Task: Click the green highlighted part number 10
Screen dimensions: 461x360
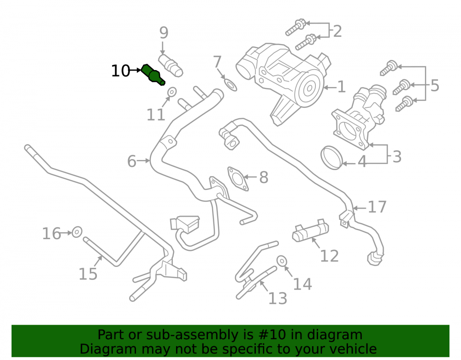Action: click(153, 75)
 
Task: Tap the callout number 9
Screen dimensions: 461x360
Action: click(164, 33)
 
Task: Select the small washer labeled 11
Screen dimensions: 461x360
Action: click(172, 92)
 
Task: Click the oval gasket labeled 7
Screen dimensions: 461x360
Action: click(231, 85)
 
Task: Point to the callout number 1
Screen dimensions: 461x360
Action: click(341, 87)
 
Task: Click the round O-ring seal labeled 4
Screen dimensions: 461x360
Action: click(331, 158)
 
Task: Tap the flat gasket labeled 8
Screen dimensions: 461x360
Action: click(237, 179)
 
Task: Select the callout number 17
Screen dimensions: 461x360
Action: click(377, 207)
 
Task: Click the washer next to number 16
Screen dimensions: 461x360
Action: click(77, 232)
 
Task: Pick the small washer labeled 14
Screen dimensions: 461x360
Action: click(282, 260)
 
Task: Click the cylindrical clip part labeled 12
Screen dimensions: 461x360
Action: click(310, 230)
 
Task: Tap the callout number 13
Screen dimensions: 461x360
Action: click(278, 298)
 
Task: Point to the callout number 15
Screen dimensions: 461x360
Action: click(88, 274)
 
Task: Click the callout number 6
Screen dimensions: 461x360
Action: click(131, 161)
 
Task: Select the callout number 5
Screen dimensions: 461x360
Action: click(435, 86)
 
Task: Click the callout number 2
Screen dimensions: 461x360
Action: click(337, 31)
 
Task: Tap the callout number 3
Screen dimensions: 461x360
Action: click(397, 157)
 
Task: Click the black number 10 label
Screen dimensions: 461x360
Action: click(120, 71)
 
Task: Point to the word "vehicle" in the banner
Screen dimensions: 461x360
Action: click(356, 349)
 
